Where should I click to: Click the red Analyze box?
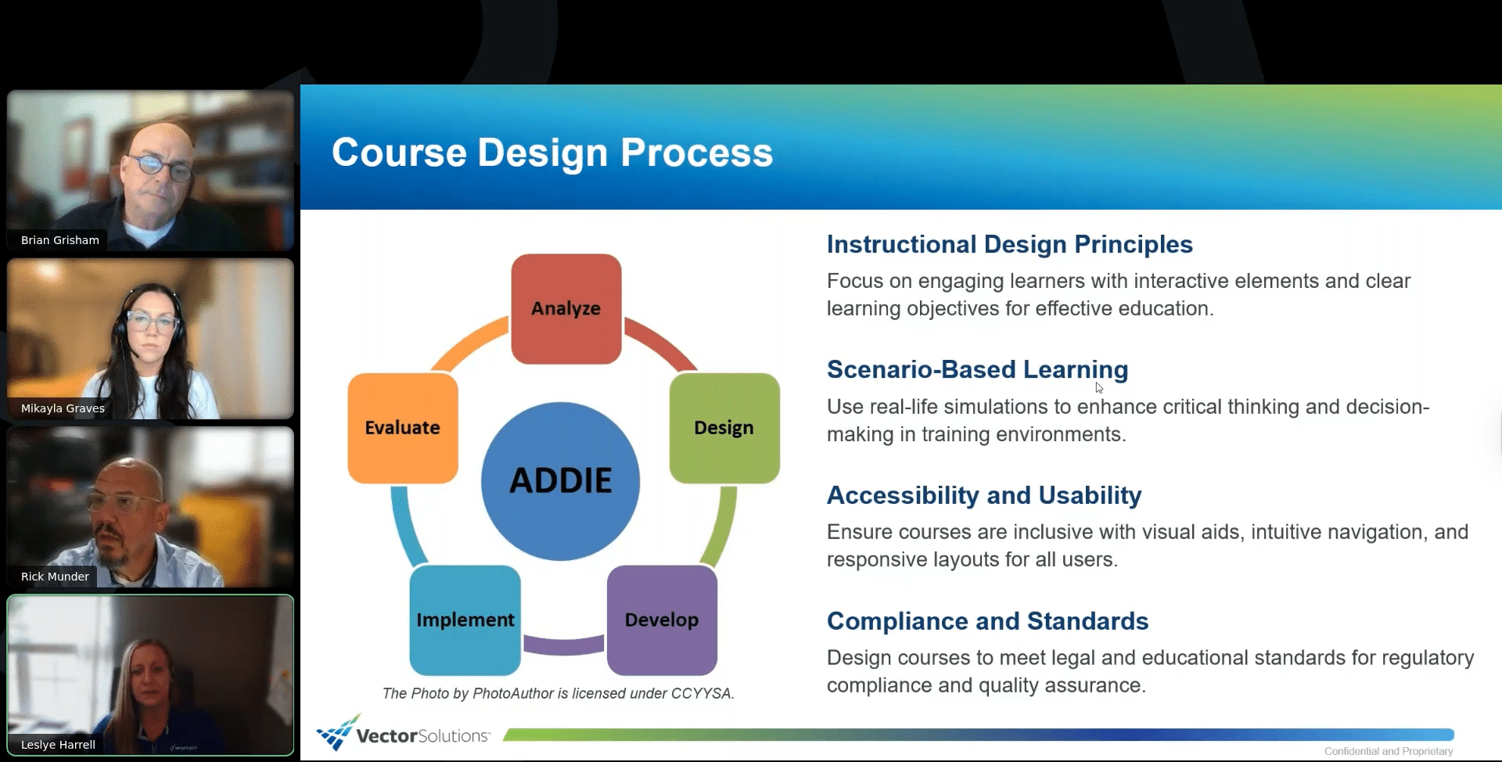click(x=566, y=308)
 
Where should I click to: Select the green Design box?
click(x=724, y=428)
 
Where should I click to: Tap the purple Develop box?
click(x=662, y=620)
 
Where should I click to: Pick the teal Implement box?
click(x=465, y=620)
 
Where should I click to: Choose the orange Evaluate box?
click(x=403, y=428)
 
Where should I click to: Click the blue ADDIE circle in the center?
click(x=560, y=481)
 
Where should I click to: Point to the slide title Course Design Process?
click(x=552, y=153)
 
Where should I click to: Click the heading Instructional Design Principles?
click(x=1010, y=244)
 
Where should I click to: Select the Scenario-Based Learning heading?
click(x=978, y=369)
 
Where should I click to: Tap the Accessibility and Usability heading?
click(x=984, y=495)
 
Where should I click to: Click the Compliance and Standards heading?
click(x=988, y=621)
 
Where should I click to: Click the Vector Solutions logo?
click(x=404, y=733)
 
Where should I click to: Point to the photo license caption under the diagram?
click(x=559, y=693)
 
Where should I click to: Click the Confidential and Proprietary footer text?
click(x=1389, y=751)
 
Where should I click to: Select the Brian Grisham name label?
click(x=60, y=240)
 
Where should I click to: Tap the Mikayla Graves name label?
click(x=63, y=408)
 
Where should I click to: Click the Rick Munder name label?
click(x=55, y=577)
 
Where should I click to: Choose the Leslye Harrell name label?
click(x=58, y=745)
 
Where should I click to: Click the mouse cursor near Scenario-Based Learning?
click(x=1099, y=387)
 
